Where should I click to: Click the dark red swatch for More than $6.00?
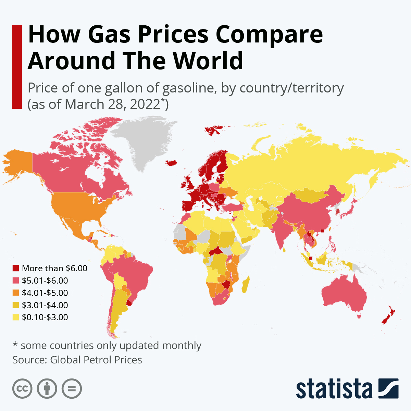click(x=16, y=268)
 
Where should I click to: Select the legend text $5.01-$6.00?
click(x=45, y=281)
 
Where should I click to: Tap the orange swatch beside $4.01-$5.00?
click(x=16, y=293)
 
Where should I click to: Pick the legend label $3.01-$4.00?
click(x=45, y=305)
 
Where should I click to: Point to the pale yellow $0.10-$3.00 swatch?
click(x=16, y=317)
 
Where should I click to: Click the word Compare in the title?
click(x=269, y=34)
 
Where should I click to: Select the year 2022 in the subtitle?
click(x=145, y=104)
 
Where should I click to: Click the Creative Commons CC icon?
click(x=22, y=389)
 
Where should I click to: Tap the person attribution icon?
click(x=47, y=389)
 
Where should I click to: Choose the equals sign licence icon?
click(x=72, y=389)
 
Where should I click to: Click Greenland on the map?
click(x=144, y=140)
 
